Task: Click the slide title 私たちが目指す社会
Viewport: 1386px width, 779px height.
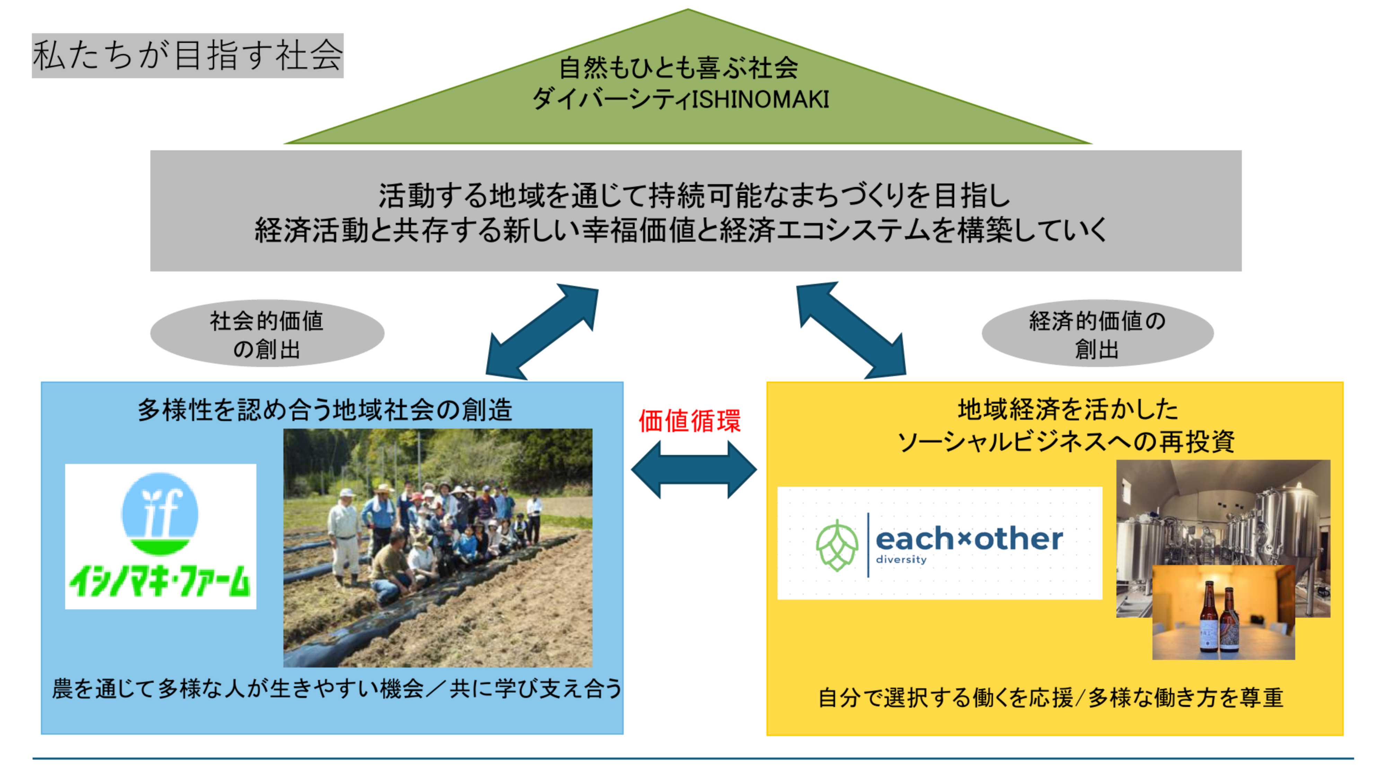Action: tap(187, 55)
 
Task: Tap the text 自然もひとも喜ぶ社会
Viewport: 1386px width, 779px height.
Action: tap(679, 68)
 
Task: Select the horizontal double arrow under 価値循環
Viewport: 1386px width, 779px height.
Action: tap(694, 469)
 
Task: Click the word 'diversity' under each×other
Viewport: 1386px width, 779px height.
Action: tap(901, 559)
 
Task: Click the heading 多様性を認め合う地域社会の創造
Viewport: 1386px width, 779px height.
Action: tap(325, 410)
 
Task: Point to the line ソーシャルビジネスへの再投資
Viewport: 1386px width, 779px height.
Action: tap(1065, 442)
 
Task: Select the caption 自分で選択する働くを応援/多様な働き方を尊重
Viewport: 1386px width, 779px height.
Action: tap(1050, 698)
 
